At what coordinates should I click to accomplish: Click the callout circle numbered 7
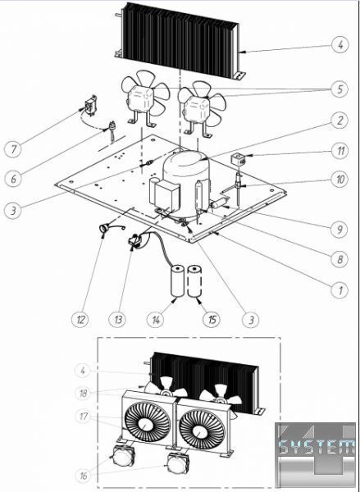[x=13, y=148]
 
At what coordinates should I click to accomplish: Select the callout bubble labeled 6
[x=13, y=179]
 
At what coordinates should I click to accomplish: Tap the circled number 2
[x=339, y=121]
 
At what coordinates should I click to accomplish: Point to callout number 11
[x=339, y=151]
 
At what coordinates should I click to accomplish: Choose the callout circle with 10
[x=339, y=179]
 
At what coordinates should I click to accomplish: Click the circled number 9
[x=339, y=230]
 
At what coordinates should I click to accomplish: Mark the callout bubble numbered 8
[x=339, y=259]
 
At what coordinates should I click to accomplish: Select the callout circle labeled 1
[x=339, y=290]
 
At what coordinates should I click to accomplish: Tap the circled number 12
[x=80, y=320]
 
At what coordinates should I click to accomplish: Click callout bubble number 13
[x=117, y=320]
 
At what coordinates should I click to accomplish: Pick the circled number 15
[x=212, y=320]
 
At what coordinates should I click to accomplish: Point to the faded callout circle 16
[x=83, y=476]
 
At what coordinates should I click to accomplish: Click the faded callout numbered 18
[x=83, y=393]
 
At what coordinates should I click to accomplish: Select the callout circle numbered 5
[x=339, y=89]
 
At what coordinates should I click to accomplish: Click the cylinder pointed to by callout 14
[x=177, y=280]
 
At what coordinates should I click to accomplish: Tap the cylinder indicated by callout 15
[x=194, y=280]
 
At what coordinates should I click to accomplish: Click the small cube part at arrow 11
[x=238, y=159]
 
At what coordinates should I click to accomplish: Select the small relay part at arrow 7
[x=90, y=105]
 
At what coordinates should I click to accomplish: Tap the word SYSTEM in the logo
[x=317, y=446]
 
